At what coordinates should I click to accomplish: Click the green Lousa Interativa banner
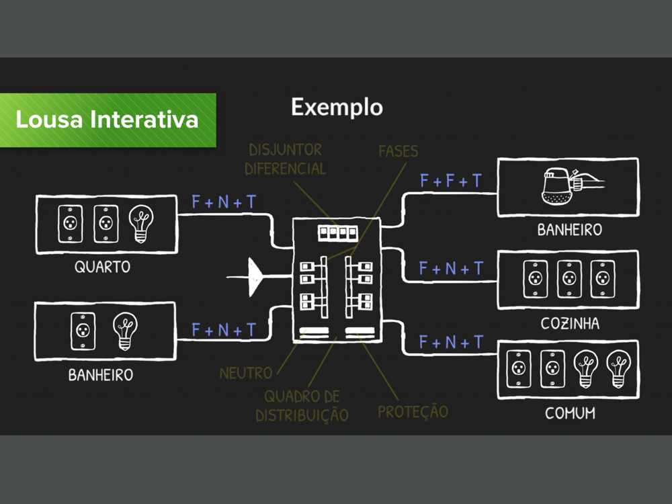pyautogui.click(x=108, y=120)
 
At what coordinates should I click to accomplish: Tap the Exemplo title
pyautogui.click(x=337, y=107)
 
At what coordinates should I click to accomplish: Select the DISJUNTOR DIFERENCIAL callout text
pyautogui.click(x=285, y=159)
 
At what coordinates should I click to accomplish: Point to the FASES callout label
pyautogui.click(x=398, y=151)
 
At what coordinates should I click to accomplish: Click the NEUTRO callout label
pyautogui.click(x=246, y=372)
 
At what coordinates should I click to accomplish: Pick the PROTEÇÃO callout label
pyautogui.click(x=413, y=411)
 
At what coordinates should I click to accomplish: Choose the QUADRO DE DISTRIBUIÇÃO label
pyautogui.click(x=302, y=406)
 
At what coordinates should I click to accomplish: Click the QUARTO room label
pyautogui.click(x=102, y=267)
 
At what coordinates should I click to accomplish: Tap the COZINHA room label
pyautogui.click(x=570, y=324)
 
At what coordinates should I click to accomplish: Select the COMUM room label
pyautogui.click(x=570, y=413)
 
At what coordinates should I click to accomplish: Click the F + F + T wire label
pyautogui.click(x=451, y=181)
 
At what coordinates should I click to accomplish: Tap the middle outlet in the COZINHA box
pyautogui.click(x=569, y=279)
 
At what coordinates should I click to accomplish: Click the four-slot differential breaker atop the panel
pyautogui.click(x=337, y=233)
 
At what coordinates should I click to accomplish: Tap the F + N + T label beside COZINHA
pyautogui.click(x=451, y=269)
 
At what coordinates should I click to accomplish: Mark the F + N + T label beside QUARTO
pyautogui.click(x=224, y=202)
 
